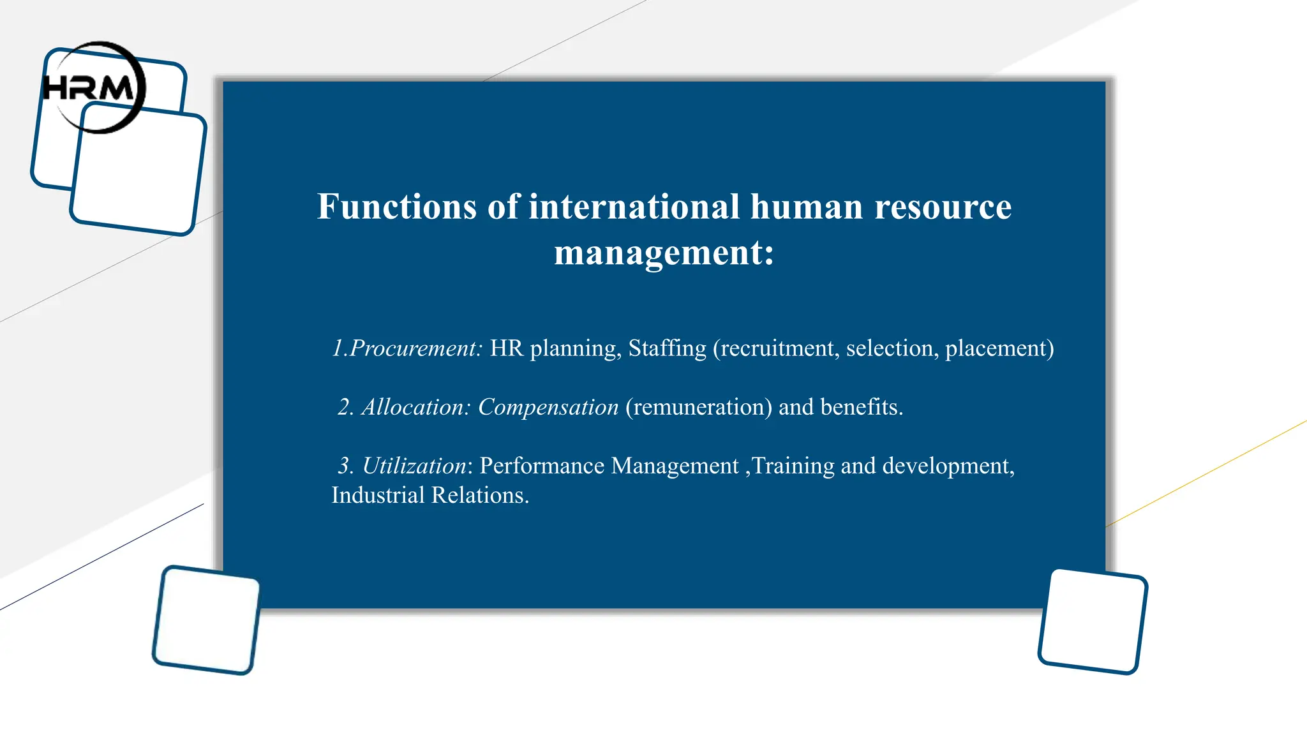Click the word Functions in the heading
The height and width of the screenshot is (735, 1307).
click(396, 207)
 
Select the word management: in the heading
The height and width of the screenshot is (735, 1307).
click(664, 253)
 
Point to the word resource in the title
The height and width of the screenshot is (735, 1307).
click(943, 207)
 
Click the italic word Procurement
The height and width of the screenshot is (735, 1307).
click(415, 348)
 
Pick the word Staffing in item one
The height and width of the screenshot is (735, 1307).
click(667, 348)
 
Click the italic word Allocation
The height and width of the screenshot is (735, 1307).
click(415, 407)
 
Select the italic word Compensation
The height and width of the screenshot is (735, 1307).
click(548, 407)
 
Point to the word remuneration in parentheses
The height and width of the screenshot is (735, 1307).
click(699, 407)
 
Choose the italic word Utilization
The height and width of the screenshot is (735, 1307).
click(415, 466)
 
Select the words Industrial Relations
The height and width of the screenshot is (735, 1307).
click(429, 496)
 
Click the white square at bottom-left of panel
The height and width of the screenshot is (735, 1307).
click(206, 620)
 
